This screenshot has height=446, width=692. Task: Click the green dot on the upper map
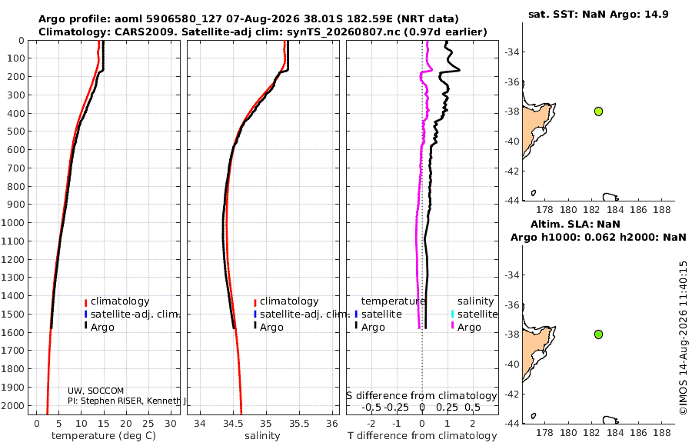(x=598, y=111)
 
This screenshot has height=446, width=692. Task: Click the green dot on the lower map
(x=598, y=334)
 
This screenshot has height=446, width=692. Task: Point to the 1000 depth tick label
(x=12, y=222)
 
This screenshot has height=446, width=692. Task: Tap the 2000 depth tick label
(x=12, y=405)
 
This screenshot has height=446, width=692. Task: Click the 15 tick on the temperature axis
(x=103, y=424)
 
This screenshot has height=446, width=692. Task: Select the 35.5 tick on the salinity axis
(x=299, y=424)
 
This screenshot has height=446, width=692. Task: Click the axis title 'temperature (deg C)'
(x=104, y=436)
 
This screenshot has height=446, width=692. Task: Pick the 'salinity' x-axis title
(x=262, y=436)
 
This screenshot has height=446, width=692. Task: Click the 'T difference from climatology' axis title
(x=422, y=436)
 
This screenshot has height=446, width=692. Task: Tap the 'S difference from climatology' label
(x=421, y=396)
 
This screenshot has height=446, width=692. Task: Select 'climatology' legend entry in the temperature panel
(x=120, y=301)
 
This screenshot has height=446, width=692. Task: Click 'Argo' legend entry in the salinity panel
(x=271, y=328)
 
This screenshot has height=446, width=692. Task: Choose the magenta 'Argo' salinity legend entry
(x=469, y=328)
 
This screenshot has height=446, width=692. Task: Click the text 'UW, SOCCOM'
(x=96, y=391)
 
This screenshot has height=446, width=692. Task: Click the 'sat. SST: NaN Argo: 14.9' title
(x=598, y=14)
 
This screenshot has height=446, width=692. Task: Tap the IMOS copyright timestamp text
(x=684, y=338)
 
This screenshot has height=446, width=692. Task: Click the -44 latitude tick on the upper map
(x=512, y=200)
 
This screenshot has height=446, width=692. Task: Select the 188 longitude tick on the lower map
(x=661, y=433)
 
